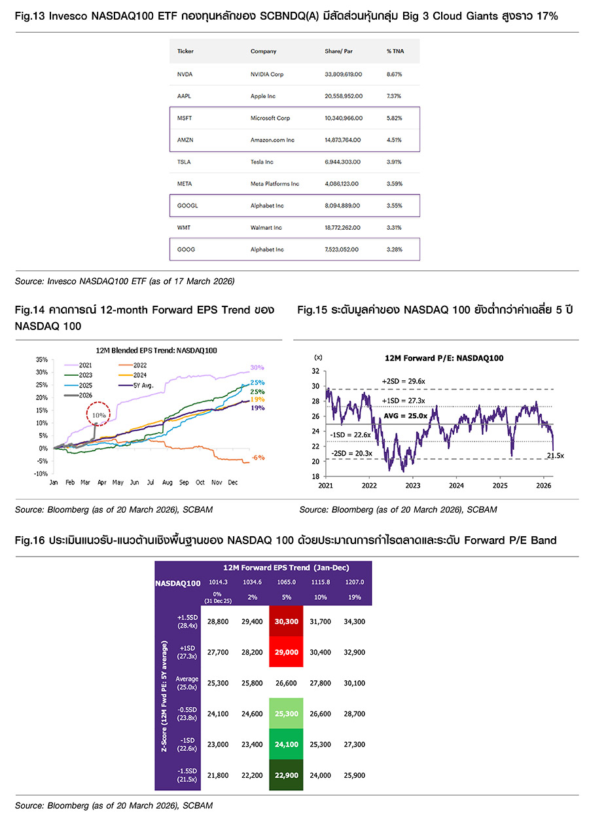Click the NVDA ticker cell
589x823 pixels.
click(185, 75)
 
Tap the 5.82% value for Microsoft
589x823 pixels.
click(394, 119)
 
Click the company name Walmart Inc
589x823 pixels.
click(267, 228)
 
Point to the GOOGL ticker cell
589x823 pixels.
click(188, 206)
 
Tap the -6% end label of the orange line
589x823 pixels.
click(259, 458)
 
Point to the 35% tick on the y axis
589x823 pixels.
click(41, 360)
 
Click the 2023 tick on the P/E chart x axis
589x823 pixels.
click(412, 486)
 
